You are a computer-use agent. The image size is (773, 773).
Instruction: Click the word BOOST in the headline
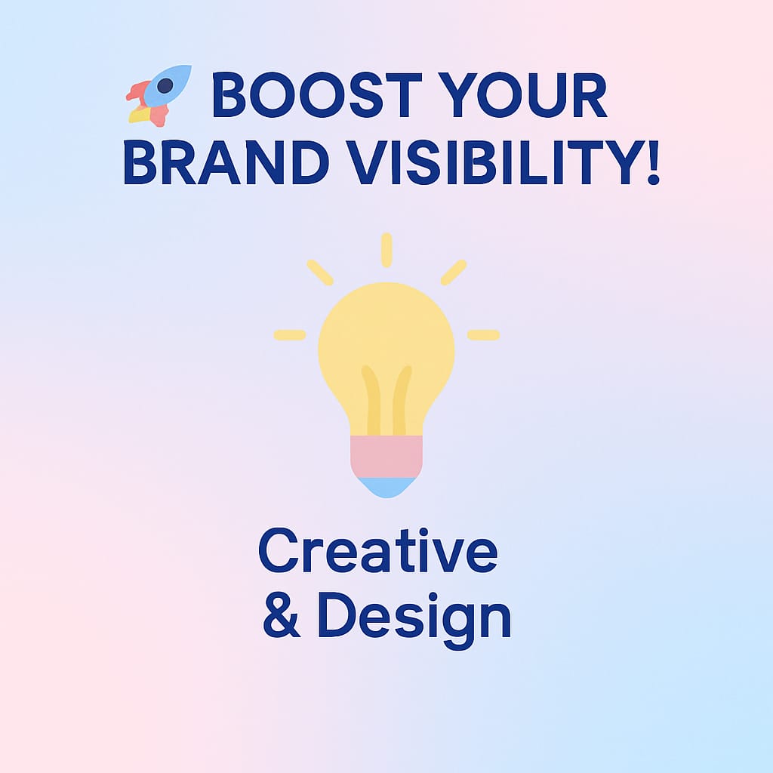(x=318, y=94)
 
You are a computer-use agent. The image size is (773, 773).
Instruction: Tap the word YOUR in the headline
(x=522, y=94)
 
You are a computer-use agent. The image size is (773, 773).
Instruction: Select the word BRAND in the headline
(x=226, y=162)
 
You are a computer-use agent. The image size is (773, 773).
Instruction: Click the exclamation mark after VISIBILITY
(x=654, y=162)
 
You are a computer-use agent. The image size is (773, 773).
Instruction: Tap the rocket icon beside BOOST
(x=159, y=96)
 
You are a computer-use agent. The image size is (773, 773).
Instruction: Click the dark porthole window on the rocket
(x=165, y=86)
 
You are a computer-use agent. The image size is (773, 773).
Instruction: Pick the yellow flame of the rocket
(x=140, y=115)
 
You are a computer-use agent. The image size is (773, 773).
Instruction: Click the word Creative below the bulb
(x=378, y=550)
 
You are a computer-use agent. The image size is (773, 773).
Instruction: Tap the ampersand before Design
(x=282, y=615)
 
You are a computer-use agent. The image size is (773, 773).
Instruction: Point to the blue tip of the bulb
(x=386, y=488)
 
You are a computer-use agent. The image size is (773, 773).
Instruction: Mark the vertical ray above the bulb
(x=386, y=251)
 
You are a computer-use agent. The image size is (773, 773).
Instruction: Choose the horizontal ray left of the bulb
(x=290, y=335)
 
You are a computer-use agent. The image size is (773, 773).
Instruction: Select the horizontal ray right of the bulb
(x=484, y=335)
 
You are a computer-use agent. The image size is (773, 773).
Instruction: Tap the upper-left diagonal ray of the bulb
(x=320, y=273)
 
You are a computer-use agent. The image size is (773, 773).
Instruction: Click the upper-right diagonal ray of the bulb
(x=454, y=273)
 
